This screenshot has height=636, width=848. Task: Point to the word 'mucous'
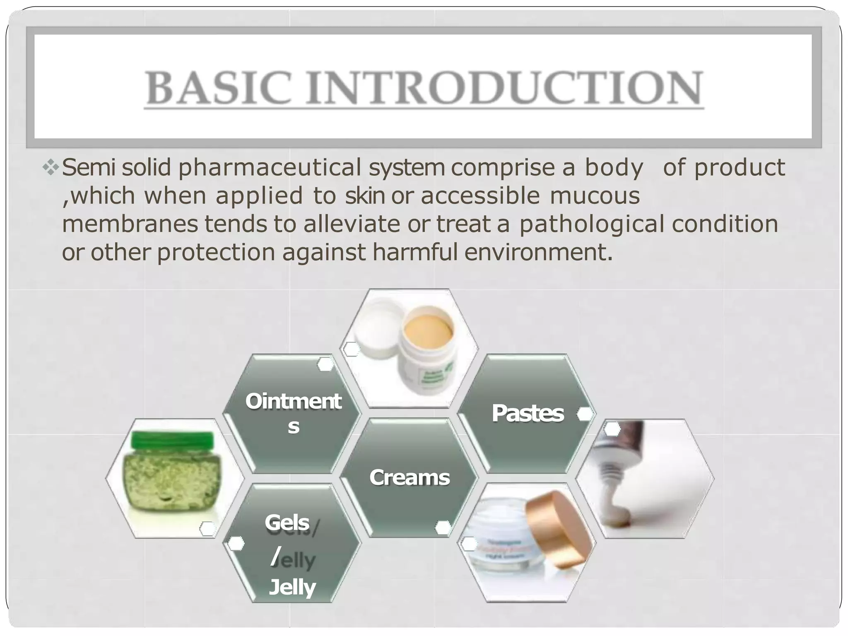(x=594, y=196)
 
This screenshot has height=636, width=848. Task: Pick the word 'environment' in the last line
(x=534, y=252)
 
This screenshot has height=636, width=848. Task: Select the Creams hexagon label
(x=409, y=477)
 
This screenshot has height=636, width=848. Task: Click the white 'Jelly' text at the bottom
(x=292, y=587)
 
